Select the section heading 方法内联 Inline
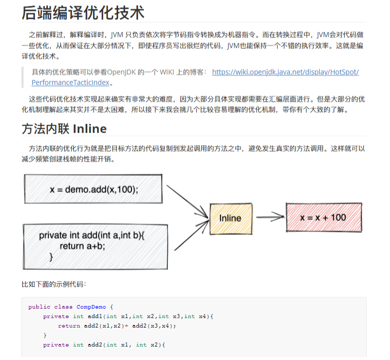(x=64, y=129)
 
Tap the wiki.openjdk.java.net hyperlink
(x=285, y=72)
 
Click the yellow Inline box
(x=230, y=218)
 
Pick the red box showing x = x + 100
(x=323, y=218)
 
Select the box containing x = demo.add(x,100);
(x=94, y=189)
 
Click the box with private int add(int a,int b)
(x=94, y=246)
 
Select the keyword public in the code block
(x=39, y=307)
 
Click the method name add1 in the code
(x=95, y=317)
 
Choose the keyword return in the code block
(x=69, y=326)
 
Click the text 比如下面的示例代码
(x=54, y=284)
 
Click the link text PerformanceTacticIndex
(x=70, y=83)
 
